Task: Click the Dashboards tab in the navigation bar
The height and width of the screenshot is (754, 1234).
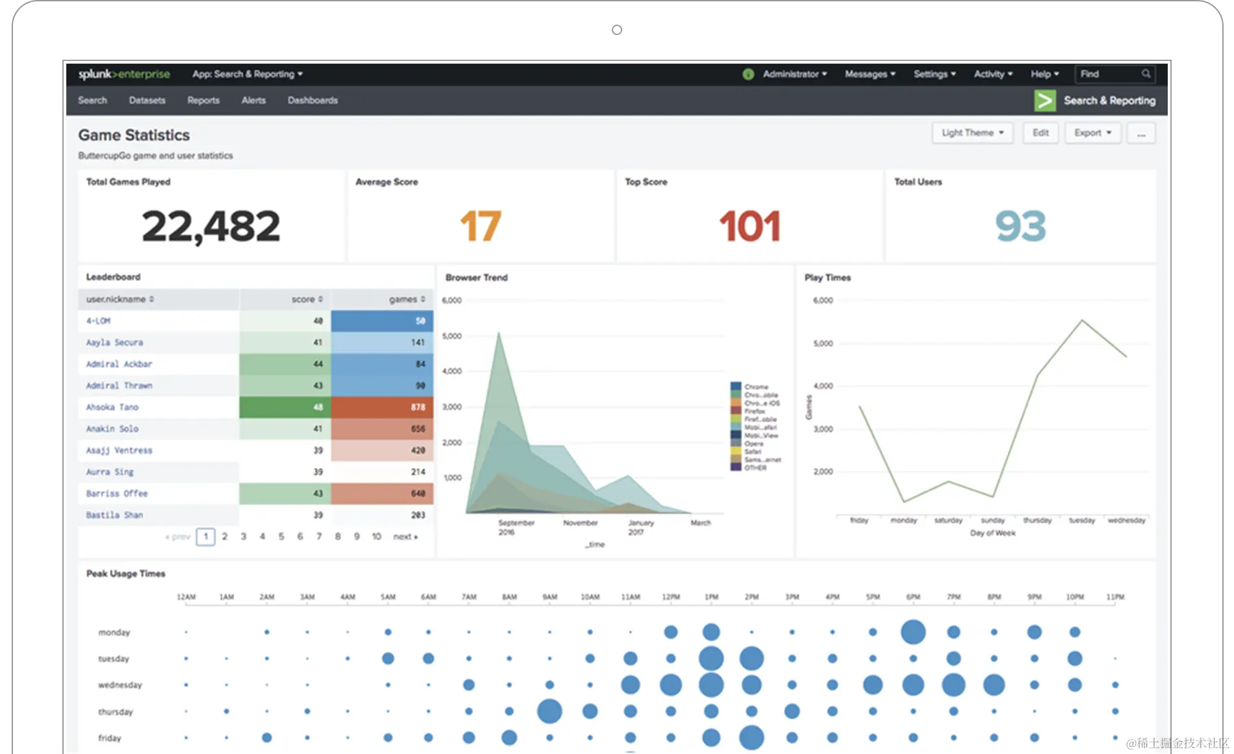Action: point(312,101)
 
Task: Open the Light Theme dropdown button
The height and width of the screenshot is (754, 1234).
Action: point(972,133)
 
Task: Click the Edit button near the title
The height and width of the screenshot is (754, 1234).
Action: point(1040,133)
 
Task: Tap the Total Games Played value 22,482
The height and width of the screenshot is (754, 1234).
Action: point(210,226)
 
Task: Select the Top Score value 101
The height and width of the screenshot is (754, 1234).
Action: point(749,226)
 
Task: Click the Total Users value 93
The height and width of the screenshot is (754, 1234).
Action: point(1020,226)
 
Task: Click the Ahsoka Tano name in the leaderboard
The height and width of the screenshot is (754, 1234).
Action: point(112,407)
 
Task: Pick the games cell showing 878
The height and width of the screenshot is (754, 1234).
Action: point(383,407)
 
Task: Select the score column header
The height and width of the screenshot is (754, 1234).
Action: point(303,299)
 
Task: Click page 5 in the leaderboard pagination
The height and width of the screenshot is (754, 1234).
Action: point(281,537)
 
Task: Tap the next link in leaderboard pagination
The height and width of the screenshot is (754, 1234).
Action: point(405,537)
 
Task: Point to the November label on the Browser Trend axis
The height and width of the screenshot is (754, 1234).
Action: point(580,523)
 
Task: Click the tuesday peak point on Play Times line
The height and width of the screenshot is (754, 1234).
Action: point(1082,320)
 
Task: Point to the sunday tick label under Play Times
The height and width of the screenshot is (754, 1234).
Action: point(992,520)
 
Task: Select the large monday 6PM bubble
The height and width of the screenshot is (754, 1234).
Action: point(913,632)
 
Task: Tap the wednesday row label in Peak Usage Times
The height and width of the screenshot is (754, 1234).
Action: point(120,685)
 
